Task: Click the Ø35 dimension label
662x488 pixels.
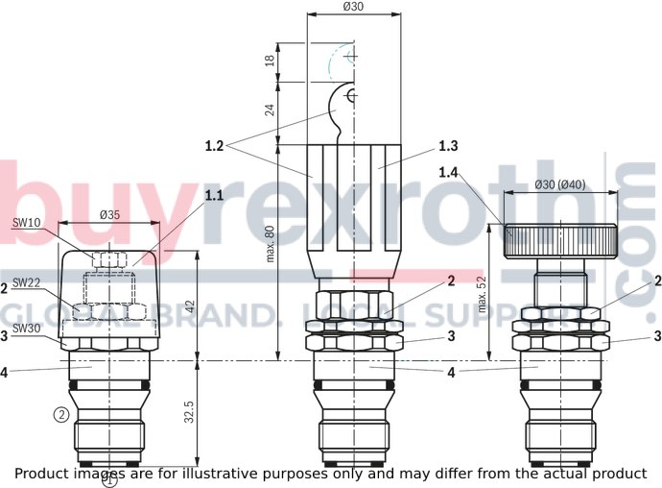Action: click(109, 215)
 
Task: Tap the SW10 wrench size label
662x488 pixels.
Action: click(26, 223)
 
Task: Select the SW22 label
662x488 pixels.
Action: click(26, 282)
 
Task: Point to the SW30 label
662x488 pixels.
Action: click(26, 328)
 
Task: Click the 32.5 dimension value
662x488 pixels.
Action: click(189, 412)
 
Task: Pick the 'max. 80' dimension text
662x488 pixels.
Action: click(271, 244)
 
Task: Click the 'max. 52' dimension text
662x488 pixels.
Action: click(483, 294)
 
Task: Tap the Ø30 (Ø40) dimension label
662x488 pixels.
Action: click(560, 184)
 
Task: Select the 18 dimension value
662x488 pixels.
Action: click(271, 61)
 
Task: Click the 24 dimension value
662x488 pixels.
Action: click(271, 110)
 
